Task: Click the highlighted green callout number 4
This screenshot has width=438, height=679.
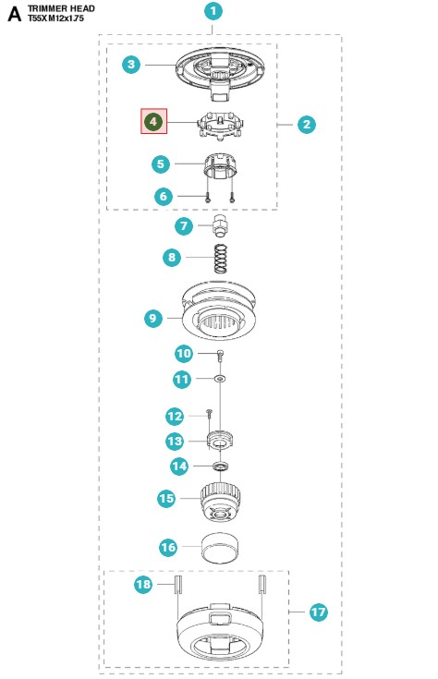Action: (x=153, y=121)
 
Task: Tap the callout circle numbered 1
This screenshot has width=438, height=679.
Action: (x=213, y=11)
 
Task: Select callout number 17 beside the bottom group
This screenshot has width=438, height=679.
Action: (x=318, y=612)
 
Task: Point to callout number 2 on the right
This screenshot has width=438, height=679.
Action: (x=307, y=125)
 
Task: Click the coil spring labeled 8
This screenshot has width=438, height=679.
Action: (x=222, y=259)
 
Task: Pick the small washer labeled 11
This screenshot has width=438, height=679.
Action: (x=221, y=379)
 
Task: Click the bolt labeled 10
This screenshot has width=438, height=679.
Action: (x=221, y=356)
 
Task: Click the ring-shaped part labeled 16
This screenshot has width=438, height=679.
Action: (x=221, y=548)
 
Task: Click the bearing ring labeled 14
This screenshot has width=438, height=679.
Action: (x=221, y=467)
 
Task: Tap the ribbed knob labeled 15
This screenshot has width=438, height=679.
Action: (x=221, y=502)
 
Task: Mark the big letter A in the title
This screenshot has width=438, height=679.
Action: (x=14, y=14)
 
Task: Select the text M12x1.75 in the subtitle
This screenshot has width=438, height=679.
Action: (x=66, y=18)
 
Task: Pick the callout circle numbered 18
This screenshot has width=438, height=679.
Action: (x=143, y=584)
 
